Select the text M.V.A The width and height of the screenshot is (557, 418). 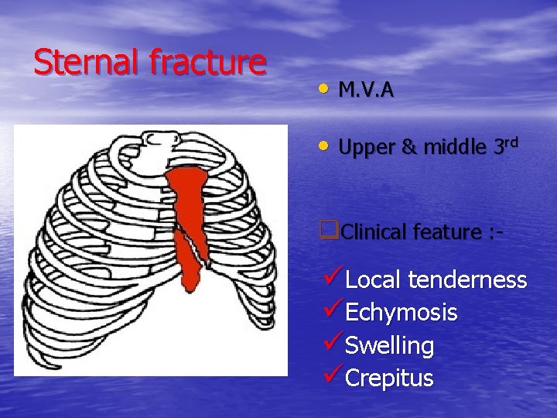366,91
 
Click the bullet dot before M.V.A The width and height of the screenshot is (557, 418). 323,89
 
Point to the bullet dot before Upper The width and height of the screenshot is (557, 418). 323,145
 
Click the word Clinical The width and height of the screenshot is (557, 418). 371,231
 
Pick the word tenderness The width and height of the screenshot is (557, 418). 468,280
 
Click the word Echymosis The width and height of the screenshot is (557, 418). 401,313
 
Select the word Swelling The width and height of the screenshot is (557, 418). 389,346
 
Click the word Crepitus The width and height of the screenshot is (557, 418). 389,378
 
